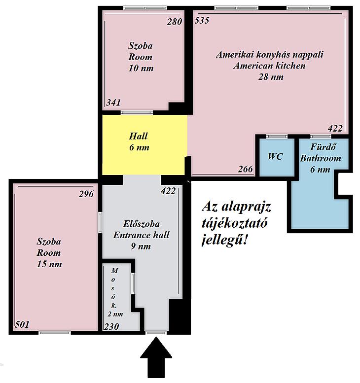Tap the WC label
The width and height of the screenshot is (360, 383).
[x=276, y=157]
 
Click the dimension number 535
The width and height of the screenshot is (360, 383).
[x=202, y=21]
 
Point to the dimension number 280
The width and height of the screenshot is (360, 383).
[x=175, y=22]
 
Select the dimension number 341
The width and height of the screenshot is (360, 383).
[x=113, y=103]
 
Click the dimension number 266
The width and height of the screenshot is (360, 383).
[x=246, y=169]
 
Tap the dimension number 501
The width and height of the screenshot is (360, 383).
[x=22, y=325]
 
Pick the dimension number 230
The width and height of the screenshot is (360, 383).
[x=111, y=327]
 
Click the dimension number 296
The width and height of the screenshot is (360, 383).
[x=86, y=194]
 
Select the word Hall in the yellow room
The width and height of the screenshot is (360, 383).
[x=139, y=137]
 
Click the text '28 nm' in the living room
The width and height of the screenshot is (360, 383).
[x=271, y=77]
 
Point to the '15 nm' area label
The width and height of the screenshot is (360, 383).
[x=49, y=264]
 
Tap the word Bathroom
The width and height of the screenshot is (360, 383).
[x=321, y=158]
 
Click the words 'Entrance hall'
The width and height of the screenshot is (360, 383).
[x=141, y=235]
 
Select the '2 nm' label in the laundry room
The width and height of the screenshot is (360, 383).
[x=115, y=314]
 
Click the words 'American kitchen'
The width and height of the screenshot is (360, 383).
[x=269, y=66]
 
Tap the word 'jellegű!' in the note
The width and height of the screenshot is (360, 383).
[x=225, y=241]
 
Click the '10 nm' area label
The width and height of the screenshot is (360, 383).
[x=141, y=68]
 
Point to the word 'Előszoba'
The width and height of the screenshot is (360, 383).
[x=141, y=224]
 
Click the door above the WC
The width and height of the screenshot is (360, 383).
[x=277, y=137]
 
